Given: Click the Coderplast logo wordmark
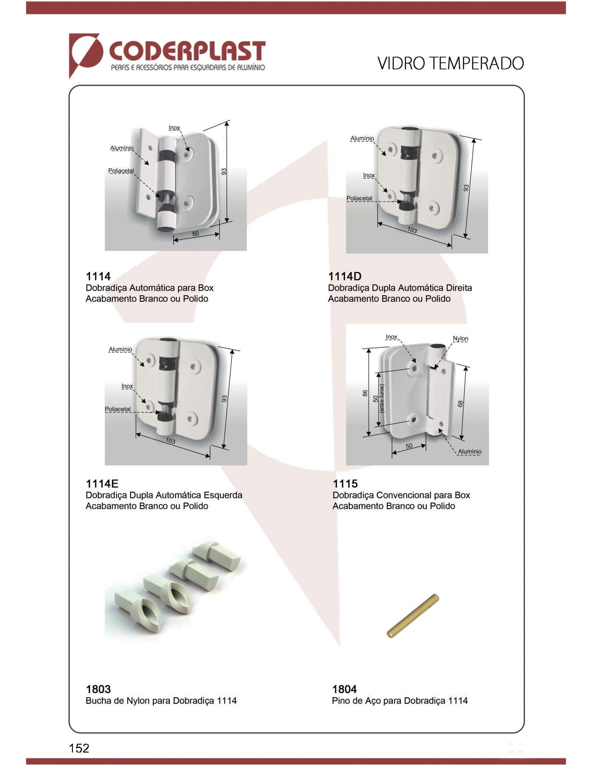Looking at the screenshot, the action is tap(187, 51).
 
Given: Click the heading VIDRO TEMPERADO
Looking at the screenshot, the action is tap(450, 64).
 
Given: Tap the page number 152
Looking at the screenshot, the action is tap(79, 748).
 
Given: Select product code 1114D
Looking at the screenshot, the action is tap(345, 276).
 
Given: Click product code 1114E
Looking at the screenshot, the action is tap(102, 483).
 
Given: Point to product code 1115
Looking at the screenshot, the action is tap(345, 483).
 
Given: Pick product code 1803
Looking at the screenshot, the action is tap(98, 689).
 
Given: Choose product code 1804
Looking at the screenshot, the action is tap(345, 689).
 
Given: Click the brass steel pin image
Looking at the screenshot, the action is tap(413, 616).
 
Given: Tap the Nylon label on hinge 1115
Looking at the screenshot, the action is tap(461, 338).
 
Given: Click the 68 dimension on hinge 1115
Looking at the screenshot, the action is tap(460, 404).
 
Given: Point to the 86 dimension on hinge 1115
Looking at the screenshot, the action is tap(365, 393).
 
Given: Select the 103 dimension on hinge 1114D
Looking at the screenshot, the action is tap(412, 230).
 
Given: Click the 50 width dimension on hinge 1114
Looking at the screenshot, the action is tap(195, 234).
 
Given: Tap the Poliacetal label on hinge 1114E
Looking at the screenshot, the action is tap(118, 409).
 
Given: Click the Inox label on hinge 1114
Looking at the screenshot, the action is tap(174, 128).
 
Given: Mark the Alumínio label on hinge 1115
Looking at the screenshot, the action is tap(469, 452).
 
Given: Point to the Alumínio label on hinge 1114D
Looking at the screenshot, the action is tap(362, 138).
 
